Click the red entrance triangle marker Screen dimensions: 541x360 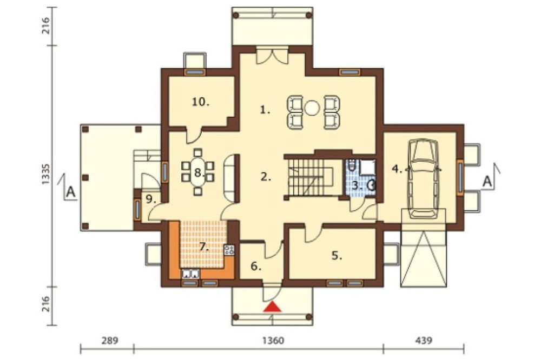coord(272,306)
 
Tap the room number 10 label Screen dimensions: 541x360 coord(201,102)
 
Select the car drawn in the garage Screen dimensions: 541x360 coord(423,178)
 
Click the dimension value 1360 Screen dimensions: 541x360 coord(273,341)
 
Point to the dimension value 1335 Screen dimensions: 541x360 coord(46,174)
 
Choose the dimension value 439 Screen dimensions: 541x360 coord(424,341)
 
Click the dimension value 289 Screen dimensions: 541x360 coord(110,341)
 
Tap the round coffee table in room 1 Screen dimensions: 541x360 coord(313,108)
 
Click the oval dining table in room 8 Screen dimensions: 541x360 coord(197,172)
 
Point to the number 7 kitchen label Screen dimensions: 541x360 coord(204,247)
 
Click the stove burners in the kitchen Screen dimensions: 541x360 coord(229,250)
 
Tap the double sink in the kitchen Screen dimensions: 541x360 coord(190,274)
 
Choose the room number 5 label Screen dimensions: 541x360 coord(337,256)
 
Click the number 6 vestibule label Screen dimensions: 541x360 coord(256,266)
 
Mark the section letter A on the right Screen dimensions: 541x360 coord(487,181)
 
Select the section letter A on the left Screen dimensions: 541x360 coord(70,191)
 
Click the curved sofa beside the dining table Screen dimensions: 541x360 coord(229,177)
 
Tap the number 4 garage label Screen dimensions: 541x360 coord(397,169)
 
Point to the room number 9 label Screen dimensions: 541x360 coord(150,199)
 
